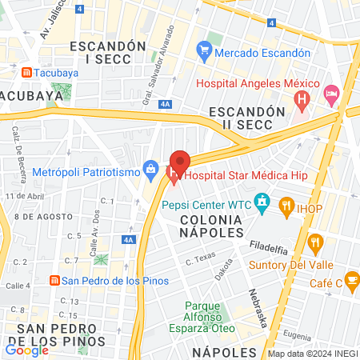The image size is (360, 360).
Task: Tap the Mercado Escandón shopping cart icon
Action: [203, 52]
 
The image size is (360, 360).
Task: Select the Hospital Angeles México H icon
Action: [302, 101]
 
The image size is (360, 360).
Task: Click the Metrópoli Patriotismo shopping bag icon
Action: [150, 170]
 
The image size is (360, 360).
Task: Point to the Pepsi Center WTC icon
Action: [261, 203]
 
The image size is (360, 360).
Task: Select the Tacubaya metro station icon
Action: [26, 72]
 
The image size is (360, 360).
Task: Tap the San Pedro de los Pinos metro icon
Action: [54, 280]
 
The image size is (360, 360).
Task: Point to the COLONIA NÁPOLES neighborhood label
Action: [211, 225]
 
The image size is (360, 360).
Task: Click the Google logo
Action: [26, 349]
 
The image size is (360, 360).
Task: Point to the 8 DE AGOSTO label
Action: [38, 217]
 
